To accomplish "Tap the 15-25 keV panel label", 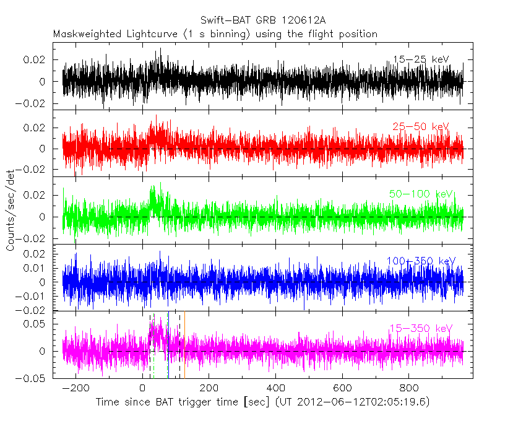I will pos(421,59).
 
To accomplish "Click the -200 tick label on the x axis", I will pos(76,389).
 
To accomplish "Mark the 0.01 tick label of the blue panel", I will pos(37,268).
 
